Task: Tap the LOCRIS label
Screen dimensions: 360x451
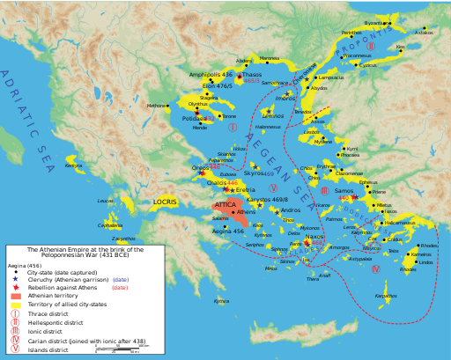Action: click(165, 202)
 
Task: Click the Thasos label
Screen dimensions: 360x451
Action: click(253, 75)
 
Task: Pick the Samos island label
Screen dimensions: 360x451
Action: click(344, 190)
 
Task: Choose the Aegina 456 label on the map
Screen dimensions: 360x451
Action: click(228, 231)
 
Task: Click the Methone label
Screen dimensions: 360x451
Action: click(156, 106)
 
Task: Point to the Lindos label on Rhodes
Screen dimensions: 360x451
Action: click(425, 261)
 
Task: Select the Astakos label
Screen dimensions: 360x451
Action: click(425, 33)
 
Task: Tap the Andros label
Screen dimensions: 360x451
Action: click(291, 210)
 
